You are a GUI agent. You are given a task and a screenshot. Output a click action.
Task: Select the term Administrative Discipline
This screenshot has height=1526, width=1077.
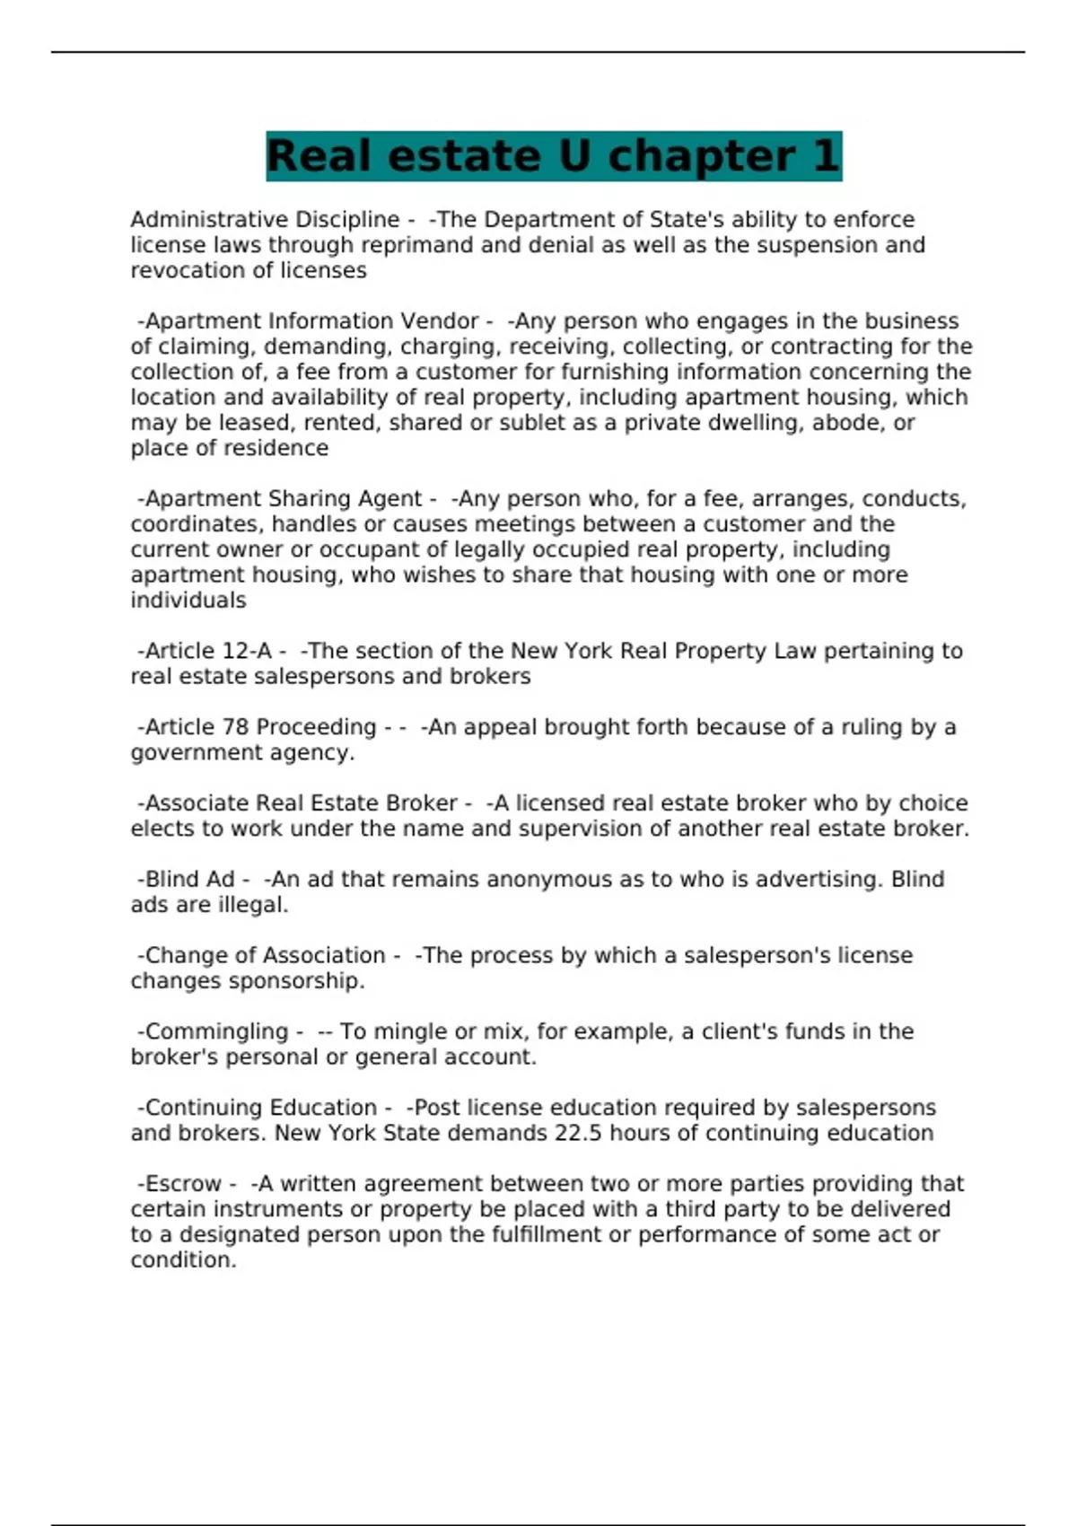(265, 220)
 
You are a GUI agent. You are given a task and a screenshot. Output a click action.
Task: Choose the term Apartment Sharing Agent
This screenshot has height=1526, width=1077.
(283, 499)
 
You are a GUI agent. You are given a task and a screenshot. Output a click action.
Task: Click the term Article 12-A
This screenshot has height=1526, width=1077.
(208, 651)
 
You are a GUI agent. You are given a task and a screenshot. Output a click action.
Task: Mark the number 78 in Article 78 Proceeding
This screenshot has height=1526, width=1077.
(236, 727)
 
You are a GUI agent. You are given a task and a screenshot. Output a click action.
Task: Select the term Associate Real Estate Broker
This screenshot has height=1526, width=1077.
(302, 803)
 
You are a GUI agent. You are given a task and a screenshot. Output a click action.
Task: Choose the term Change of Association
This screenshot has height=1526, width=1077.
(265, 956)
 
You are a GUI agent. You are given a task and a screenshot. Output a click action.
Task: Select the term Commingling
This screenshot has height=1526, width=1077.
(216, 1032)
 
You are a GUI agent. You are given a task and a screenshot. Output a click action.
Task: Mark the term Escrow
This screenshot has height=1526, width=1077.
(183, 1184)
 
